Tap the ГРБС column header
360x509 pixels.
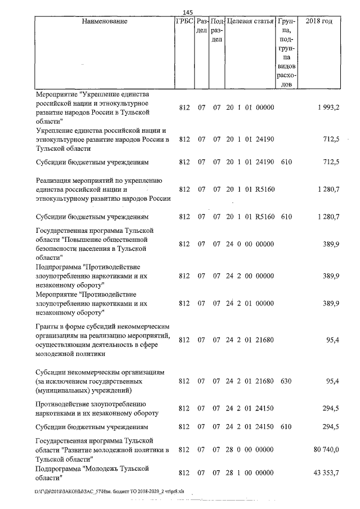click(x=185, y=21)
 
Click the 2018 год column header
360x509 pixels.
click(x=318, y=21)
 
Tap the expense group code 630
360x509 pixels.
click(x=286, y=381)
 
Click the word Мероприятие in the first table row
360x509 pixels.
click(x=56, y=94)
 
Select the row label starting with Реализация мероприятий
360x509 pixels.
click(x=98, y=189)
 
